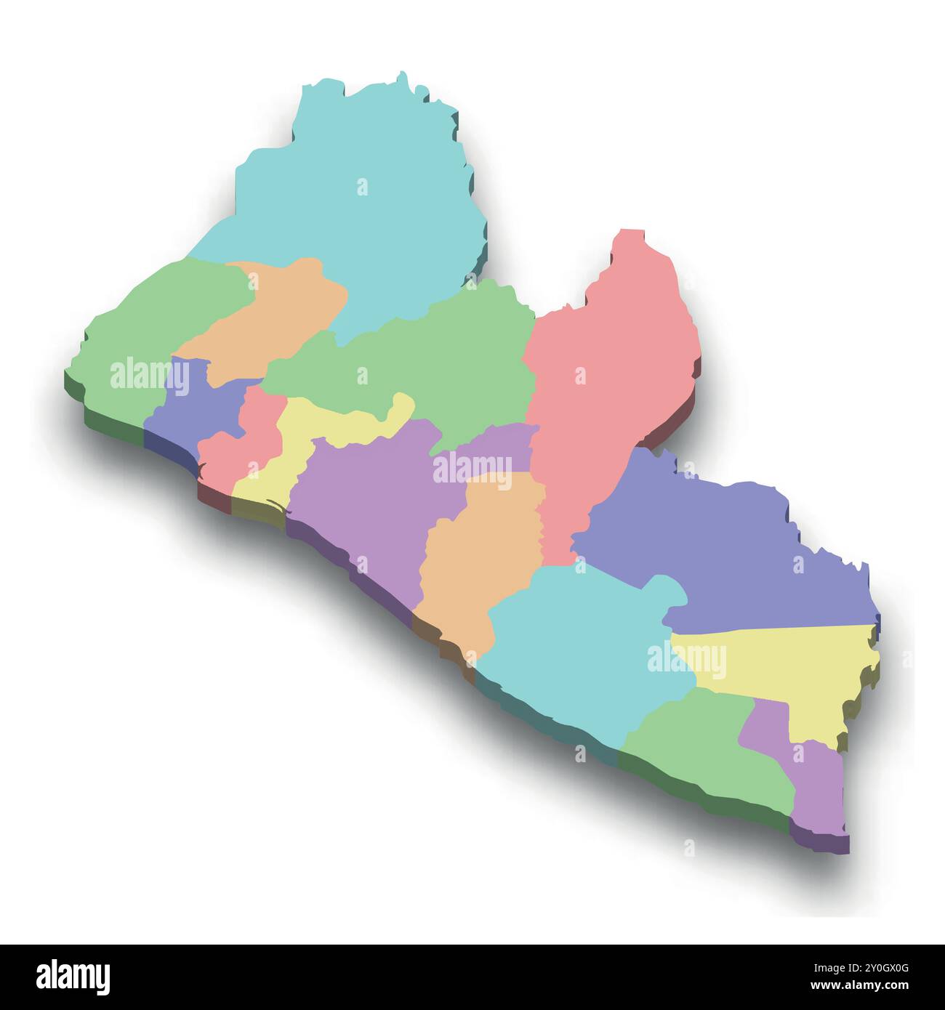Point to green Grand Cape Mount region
145,327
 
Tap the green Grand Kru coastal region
698,748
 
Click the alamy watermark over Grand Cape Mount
150,374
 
